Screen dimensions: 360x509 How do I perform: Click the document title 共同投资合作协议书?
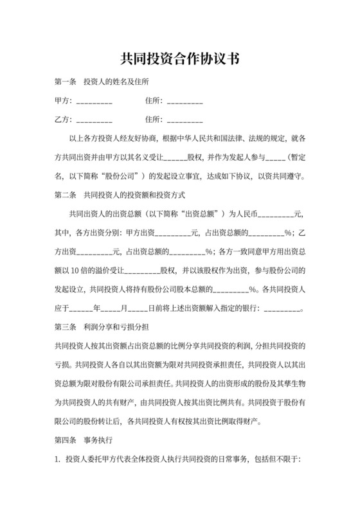pos(180,60)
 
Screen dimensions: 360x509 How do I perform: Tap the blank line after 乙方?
pos(94,121)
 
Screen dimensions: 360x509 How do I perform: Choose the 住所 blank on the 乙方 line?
pos(184,121)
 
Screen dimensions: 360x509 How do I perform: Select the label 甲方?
pos(63,101)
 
